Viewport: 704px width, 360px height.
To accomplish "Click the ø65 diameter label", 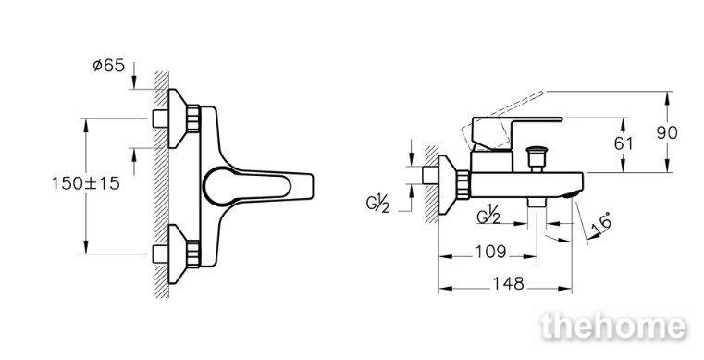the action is tap(108, 66).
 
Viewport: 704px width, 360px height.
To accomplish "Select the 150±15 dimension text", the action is tap(86, 183).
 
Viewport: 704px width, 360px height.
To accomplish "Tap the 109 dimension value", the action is tap(490, 252).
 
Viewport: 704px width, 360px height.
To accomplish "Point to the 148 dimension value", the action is tap(508, 283).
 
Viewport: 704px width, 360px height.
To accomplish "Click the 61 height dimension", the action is tap(624, 143).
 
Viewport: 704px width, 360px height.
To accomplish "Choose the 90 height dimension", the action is tap(667, 133).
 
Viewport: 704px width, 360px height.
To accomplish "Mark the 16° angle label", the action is tap(601, 225).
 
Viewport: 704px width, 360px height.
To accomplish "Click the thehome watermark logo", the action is tap(613, 326).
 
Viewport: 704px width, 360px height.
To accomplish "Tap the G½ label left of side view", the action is tap(377, 204).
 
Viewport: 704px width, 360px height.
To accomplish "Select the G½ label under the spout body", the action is tap(488, 216).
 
